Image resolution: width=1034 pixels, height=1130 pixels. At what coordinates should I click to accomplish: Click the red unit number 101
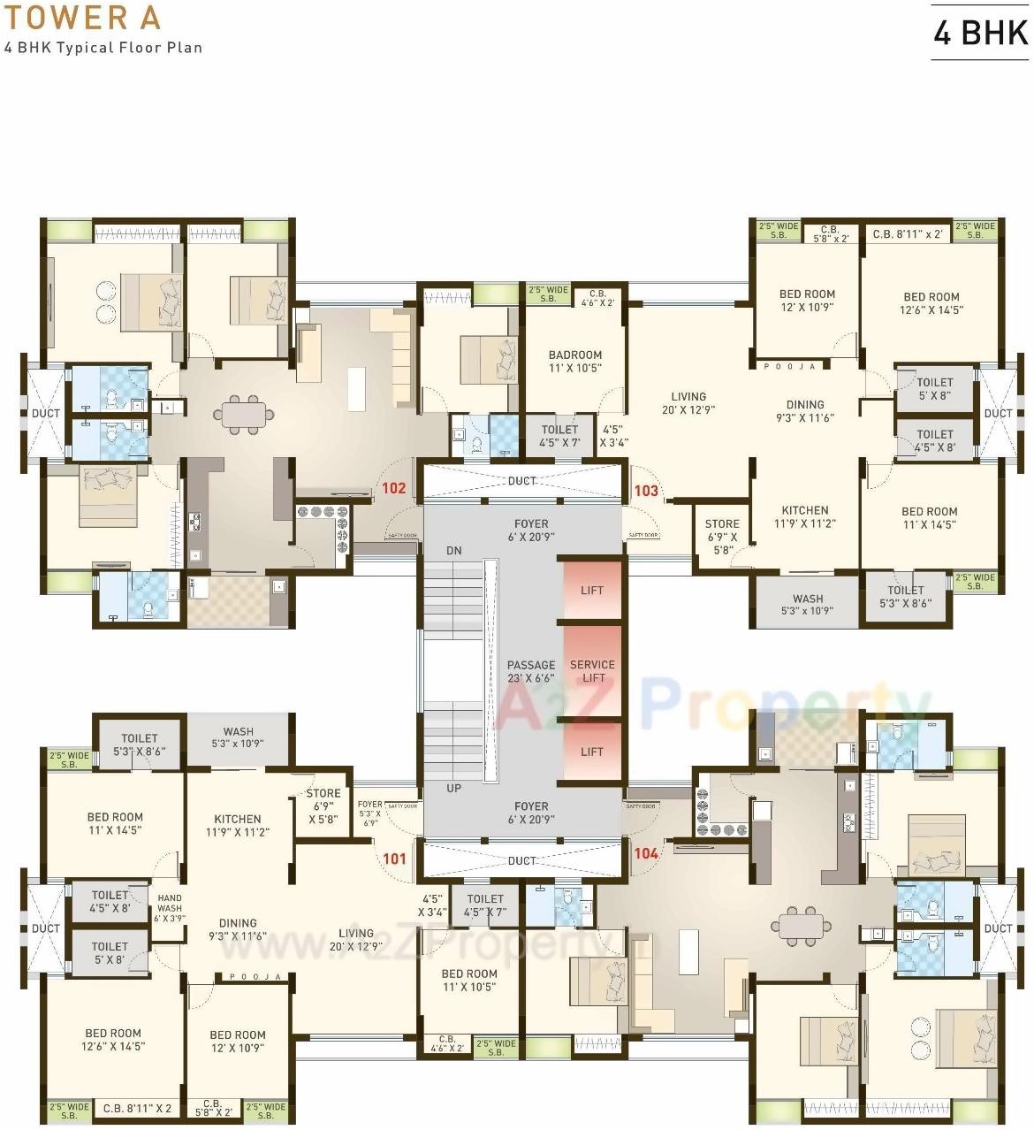394,859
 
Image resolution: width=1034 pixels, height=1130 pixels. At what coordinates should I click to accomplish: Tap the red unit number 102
393,488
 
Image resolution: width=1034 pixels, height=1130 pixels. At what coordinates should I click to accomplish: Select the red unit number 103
646,491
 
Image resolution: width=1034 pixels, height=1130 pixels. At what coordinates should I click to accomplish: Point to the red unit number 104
646,853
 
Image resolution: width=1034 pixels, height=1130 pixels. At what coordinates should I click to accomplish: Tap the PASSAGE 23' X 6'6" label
531,672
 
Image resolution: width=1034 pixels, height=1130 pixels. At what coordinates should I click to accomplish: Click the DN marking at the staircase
454,550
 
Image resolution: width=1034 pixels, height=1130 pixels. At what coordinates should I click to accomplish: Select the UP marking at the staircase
453,788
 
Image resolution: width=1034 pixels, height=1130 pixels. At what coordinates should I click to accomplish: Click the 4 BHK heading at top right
981,33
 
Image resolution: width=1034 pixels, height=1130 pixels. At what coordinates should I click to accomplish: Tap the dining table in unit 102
244,415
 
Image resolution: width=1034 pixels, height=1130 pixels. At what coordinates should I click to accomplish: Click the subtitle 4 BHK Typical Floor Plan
103,48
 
